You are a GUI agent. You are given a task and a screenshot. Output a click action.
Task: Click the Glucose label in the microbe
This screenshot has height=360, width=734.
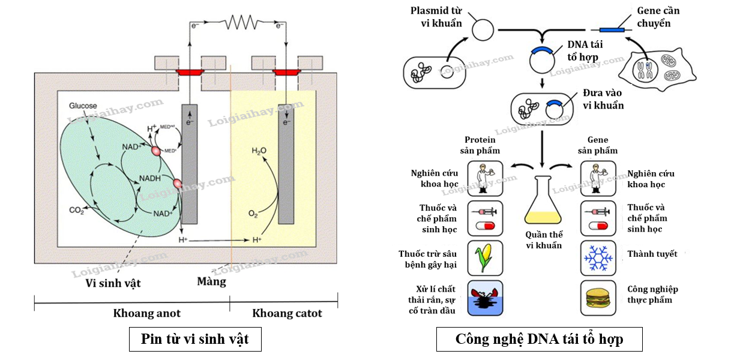click(x=83, y=106)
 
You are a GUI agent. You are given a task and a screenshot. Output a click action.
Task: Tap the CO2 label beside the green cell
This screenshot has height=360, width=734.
click(x=76, y=210)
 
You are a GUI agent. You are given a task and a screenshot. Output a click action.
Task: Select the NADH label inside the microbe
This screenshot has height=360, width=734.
click(x=150, y=179)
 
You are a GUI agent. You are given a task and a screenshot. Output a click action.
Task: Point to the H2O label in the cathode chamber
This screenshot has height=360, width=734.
click(x=259, y=151)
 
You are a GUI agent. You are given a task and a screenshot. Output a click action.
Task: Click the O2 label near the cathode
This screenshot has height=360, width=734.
click(x=253, y=213)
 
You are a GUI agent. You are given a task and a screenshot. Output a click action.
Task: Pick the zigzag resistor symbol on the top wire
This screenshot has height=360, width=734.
click(x=241, y=23)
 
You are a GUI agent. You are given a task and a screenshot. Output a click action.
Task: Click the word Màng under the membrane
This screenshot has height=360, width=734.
click(x=212, y=281)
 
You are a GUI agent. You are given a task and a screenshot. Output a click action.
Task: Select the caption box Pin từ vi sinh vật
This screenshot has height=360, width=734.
click(x=195, y=340)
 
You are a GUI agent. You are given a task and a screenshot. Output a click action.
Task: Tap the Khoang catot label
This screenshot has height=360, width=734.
click(x=287, y=313)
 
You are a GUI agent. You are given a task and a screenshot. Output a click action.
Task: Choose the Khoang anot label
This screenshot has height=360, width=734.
click(x=146, y=313)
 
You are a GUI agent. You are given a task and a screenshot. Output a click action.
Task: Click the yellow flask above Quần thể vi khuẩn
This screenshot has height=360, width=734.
click(x=543, y=202)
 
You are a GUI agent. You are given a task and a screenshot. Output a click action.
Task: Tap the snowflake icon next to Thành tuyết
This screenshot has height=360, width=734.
click(x=598, y=257)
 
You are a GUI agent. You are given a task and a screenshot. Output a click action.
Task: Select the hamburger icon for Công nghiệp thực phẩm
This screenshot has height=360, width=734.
click(x=598, y=298)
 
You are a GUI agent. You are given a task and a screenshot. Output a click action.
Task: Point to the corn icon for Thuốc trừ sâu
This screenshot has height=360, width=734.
click(x=484, y=257)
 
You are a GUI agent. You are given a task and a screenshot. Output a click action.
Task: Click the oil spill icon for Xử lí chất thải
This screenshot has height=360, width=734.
click(x=484, y=298)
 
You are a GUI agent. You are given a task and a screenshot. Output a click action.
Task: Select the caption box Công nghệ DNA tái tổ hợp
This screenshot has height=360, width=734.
click(x=539, y=340)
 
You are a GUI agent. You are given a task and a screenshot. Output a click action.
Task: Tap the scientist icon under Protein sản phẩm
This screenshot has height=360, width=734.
click(x=484, y=178)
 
